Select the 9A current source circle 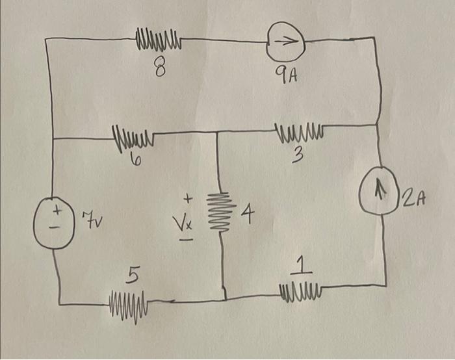click(x=286, y=42)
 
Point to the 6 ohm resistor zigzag click(x=133, y=138)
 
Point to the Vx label click(x=187, y=224)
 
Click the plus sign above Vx click(x=188, y=197)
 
